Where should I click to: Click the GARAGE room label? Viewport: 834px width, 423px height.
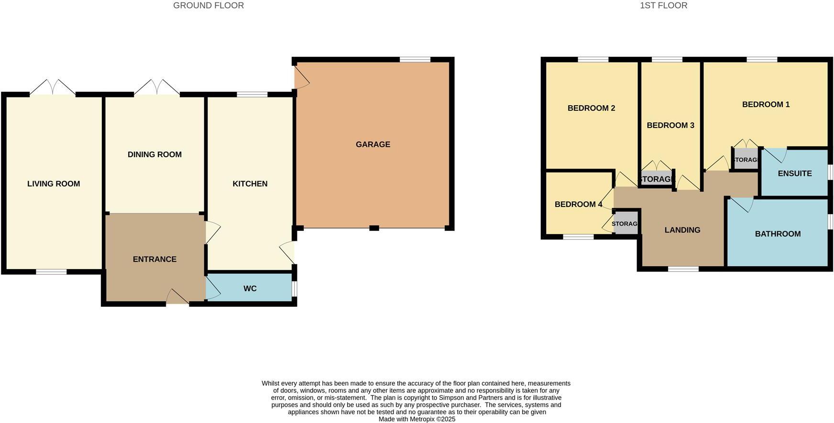pyautogui.click(x=373, y=144)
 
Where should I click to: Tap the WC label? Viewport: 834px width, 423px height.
pyautogui.click(x=250, y=289)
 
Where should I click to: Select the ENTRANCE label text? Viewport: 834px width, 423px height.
pyautogui.click(x=154, y=259)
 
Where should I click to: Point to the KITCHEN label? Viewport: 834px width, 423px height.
pyautogui.click(x=250, y=184)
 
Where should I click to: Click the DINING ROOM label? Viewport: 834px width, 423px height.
pyautogui.click(x=154, y=154)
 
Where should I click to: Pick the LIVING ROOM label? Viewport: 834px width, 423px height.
pyautogui.click(x=54, y=184)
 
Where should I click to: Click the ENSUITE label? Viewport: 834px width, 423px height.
pyautogui.click(x=794, y=174)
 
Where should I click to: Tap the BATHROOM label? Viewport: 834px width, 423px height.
pyautogui.click(x=778, y=234)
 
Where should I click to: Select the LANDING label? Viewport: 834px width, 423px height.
pyautogui.click(x=682, y=230)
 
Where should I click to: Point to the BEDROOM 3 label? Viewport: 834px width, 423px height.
pyautogui.click(x=670, y=125)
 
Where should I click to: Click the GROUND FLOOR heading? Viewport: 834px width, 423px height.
pyautogui.click(x=208, y=6)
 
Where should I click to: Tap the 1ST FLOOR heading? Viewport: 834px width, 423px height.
pyautogui.click(x=663, y=6)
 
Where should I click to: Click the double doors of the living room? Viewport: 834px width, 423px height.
pyautogui.click(x=53, y=89)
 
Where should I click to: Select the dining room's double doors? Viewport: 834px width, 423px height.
pyautogui.click(x=157, y=89)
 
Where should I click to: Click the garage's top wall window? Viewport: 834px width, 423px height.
pyautogui.click(x=415, y=60)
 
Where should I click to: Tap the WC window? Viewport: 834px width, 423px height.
pyautogui.click(x=294, y=289)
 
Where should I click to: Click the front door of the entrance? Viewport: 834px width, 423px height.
pyautogui.click(x=177, y=298)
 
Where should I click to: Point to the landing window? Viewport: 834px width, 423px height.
pyautogui.click(x=683, y=269)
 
